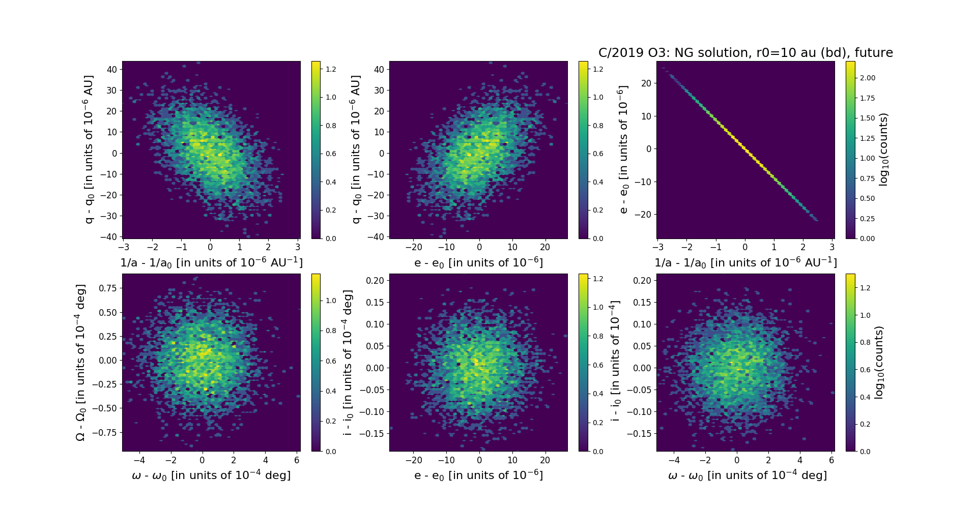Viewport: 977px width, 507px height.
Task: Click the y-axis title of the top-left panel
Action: tap(89, 150)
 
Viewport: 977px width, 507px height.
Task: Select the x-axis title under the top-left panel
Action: tap(211, 262)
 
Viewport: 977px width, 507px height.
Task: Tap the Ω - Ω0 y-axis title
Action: tap(80, 362)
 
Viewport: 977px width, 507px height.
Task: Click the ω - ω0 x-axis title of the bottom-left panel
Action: tap(211, 475)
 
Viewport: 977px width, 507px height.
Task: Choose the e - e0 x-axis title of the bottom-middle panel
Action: tap(478, 475)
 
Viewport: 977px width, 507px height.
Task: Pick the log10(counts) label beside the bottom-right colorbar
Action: tap(879, 362)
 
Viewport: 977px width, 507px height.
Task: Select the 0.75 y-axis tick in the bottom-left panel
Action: tap(107, 288)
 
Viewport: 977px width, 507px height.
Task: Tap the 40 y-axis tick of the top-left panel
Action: tap(112, 69)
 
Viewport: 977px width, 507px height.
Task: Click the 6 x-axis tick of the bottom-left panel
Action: tap(297, 460)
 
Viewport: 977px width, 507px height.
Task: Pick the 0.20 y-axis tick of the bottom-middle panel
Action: tap(376, 280)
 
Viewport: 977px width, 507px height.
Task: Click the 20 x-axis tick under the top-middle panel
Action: tap(545, 247)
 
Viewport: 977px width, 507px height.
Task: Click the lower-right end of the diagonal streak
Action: tap(817, 220)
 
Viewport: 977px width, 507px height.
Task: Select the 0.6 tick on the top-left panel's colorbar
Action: tap(331, 154)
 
